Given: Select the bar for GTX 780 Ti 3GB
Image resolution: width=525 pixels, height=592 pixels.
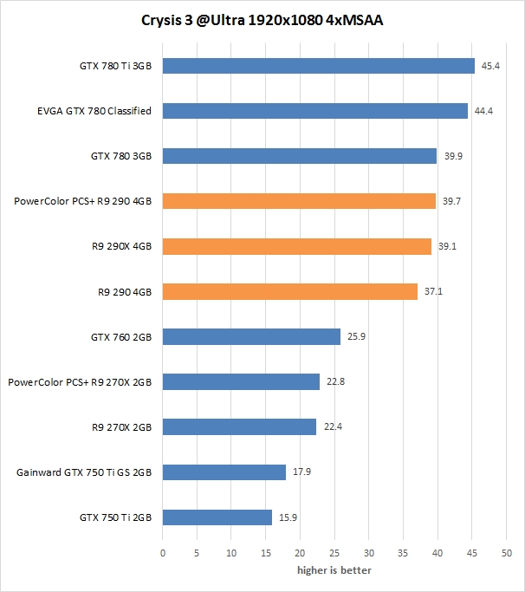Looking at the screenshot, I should (318, 66).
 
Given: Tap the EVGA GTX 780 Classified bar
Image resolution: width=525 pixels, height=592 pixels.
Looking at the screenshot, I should (314, 111).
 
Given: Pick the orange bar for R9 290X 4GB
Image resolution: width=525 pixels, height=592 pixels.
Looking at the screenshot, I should (296, 246).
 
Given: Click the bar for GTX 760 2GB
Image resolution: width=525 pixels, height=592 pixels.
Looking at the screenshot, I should (251, 336).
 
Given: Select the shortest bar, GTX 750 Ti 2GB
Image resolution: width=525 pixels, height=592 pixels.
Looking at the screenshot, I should (217, 517).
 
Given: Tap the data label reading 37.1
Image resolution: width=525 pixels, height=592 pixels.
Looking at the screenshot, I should (433, 291).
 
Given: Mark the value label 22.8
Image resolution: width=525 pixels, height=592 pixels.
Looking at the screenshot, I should (335, 381).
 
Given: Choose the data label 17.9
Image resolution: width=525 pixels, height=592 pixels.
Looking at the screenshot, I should (301, 472).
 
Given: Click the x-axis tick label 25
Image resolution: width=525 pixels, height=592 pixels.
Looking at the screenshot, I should (334, 552).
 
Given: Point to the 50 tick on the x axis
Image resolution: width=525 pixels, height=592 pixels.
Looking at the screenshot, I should (507, 552).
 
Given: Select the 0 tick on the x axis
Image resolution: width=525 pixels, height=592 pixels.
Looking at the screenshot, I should (163, 552).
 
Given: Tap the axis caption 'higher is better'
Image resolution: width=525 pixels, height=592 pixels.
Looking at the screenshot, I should (334, 570).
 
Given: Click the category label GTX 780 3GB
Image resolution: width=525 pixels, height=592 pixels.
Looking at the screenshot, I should (121, 156).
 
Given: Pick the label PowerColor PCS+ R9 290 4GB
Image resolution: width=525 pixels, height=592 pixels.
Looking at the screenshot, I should (83, 201).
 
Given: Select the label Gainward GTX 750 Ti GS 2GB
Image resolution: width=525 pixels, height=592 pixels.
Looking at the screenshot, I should (85, 472).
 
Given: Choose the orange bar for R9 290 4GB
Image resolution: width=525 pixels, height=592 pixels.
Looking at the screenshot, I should (289, 291).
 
